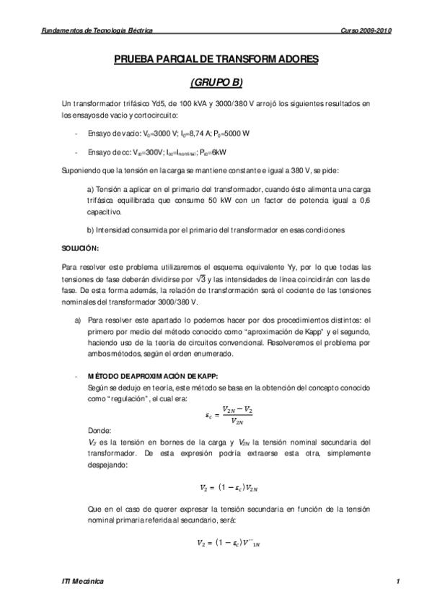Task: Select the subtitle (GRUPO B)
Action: (x=216, y=83)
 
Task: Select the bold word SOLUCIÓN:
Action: (x=81, y=248)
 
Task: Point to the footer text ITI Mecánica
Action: (x=83, y=581)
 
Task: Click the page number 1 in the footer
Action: (x=397, y=581)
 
